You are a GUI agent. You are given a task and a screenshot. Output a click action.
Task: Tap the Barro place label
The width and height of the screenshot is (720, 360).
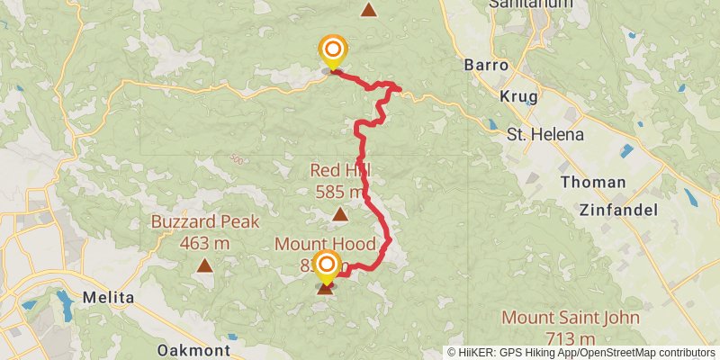point(487,66)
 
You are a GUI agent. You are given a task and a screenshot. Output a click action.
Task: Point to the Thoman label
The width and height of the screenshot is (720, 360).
point(592,182)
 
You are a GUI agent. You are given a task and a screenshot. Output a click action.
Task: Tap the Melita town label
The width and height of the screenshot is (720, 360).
point(108,298)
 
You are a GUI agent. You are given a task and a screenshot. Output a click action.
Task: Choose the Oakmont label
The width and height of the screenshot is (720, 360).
point(193,350)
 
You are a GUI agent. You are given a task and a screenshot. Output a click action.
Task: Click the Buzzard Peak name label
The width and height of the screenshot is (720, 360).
point(204,222)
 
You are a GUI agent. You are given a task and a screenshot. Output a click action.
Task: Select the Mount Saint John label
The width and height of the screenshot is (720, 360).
point(571,318)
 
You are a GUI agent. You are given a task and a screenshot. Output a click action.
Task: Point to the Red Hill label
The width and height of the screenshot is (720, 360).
point(340,170)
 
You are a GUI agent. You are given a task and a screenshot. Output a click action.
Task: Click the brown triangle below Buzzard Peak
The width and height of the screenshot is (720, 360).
point(205,265)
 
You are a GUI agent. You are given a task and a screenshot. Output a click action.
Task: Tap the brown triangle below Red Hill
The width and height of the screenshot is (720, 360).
point(339,214)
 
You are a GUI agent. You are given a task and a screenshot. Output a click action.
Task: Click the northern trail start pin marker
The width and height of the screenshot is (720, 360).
point(333,49)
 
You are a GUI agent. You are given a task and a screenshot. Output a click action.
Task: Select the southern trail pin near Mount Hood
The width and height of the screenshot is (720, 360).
point(326,265)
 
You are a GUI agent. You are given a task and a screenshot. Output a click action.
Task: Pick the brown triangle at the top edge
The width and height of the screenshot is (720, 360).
point(368,10)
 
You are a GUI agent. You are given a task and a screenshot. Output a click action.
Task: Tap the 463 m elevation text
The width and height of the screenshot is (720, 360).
point(204,243)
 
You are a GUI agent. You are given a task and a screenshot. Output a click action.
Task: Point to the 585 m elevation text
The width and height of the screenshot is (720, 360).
point(340,191)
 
